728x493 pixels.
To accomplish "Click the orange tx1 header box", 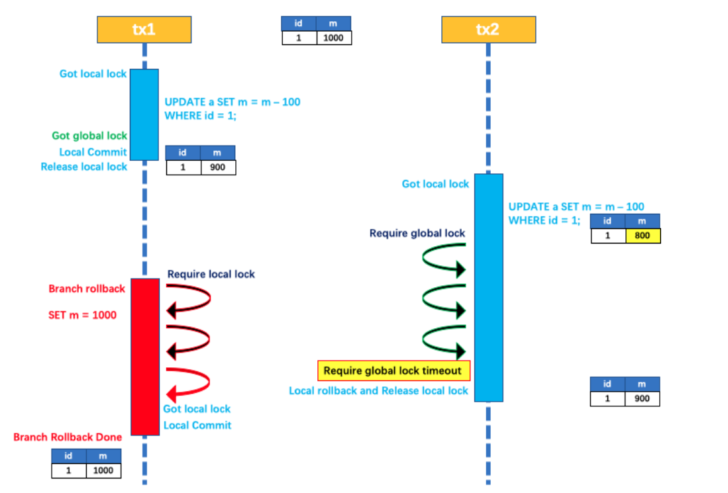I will click(x=144, y=30).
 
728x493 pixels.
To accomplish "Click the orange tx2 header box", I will click(x=488, y=30).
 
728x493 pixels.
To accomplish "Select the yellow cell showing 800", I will click(x=643, y=236).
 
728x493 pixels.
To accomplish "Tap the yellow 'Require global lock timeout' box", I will click(x=394, y=371).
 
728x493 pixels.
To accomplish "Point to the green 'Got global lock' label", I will click(x=89, y=136).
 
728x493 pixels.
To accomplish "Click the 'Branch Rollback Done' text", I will click(x=68, y=437).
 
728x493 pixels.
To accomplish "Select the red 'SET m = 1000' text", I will click(x=82, y=315).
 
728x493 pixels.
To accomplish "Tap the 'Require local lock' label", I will click(x=211, y=274).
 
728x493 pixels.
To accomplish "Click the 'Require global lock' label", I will click(x=417, y=233).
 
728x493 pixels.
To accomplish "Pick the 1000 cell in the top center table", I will click(x=333, y=38).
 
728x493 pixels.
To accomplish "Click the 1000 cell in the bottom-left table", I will click(x=103, y=471).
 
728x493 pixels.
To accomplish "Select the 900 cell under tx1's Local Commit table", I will click(x=217, y=167).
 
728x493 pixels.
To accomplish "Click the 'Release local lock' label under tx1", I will click(x=83, y=167).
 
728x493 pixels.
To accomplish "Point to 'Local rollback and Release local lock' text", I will click(x=378, y=390).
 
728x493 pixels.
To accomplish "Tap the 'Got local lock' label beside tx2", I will click(x=435, y=184).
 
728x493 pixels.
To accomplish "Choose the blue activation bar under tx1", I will click(x=144, y=114).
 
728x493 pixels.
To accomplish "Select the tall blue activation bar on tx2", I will click(x=489, y=287).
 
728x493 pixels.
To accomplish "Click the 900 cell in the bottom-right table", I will click(x=642, y=398).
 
